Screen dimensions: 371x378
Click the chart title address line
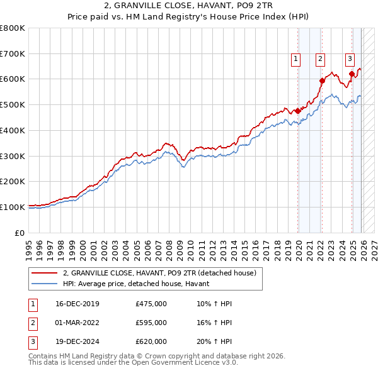[188, 6]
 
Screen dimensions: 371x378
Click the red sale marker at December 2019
[297, 111]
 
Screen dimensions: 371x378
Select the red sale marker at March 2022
[322, 80]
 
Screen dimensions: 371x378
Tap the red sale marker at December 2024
[352, 74]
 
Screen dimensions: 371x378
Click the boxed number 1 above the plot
[295, 59]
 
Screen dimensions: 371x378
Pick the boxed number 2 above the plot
[320, 59]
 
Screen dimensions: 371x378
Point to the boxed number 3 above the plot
[349, 59]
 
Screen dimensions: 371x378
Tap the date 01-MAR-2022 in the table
[77, 323]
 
